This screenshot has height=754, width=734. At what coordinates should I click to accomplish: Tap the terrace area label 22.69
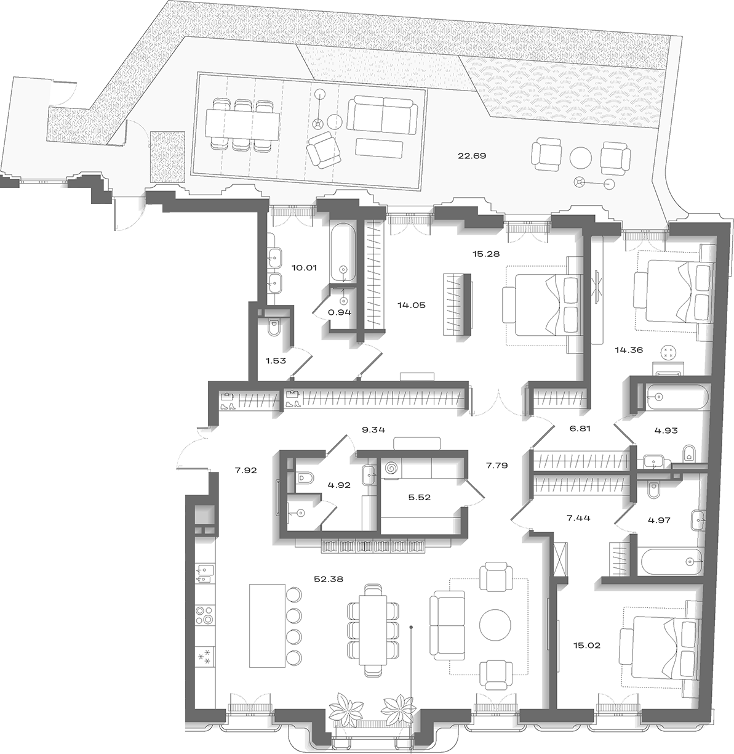pyautogui.click(x=472, y=156)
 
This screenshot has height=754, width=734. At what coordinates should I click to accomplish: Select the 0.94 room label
pyautogui.click(x=340, y=312)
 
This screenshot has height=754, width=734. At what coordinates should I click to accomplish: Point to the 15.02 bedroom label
pyautogui.click(x=586, y=646)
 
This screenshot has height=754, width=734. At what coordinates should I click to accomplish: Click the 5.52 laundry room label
pyautogui.click(x=420, y=497)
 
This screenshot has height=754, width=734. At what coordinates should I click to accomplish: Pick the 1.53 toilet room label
pyautogui.click(x=276, y=361)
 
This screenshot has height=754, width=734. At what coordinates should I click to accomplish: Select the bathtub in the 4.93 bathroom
pyautogui.click(x=677, y=397)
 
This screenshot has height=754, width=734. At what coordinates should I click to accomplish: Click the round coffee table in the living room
pyautogui.click(x=495, y=636)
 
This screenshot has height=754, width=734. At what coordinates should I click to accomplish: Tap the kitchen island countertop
pyautogui.click(x=267, y=626)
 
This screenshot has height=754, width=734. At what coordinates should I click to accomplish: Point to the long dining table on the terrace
pyautogui.click(x=242, y=124)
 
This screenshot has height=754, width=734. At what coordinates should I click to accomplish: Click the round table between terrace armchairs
pyautogui.click(x=580, y=158)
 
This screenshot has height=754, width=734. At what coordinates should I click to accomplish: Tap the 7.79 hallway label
pyautogui.click(x=497, y=465)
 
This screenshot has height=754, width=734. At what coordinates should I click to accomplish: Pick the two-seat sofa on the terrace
pyautogui.click(x=382, y=115)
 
